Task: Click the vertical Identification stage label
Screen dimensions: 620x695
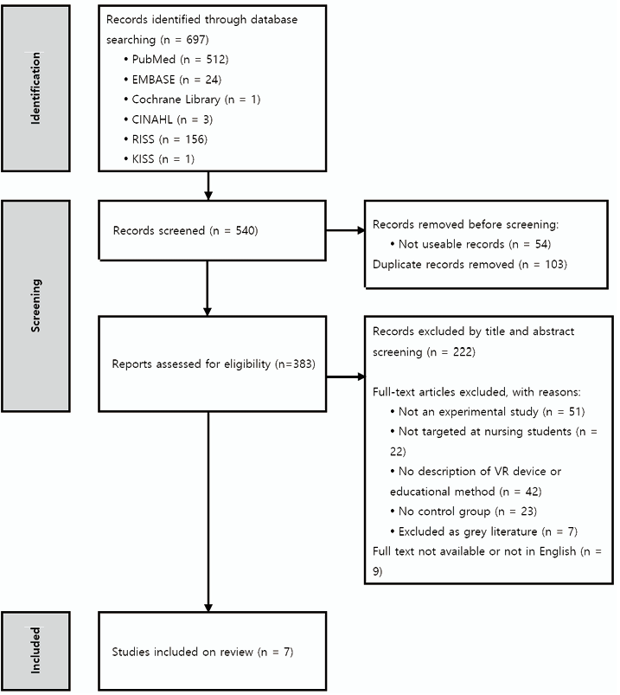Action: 35,88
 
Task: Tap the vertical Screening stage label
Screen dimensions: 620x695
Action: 35,306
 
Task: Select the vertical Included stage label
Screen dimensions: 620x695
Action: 35,650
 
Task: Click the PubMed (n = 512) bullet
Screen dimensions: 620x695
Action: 176,60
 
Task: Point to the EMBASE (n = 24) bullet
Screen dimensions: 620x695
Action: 173,80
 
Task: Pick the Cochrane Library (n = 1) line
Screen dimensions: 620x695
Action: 192,100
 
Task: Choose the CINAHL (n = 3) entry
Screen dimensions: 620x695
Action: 169,119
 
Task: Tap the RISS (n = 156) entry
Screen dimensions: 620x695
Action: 166,139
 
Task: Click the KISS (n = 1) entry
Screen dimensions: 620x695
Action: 159,158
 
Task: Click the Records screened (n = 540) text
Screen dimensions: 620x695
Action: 186,230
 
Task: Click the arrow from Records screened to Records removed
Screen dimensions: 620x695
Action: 345,230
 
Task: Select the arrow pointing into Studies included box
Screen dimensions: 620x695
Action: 208,512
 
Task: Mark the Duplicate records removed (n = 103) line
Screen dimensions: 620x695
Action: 470,264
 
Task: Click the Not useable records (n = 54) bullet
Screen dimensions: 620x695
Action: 470,244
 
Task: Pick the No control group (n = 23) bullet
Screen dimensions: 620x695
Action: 463,511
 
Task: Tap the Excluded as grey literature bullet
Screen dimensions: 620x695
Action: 483,531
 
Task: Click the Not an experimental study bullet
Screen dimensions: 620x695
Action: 487,411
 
